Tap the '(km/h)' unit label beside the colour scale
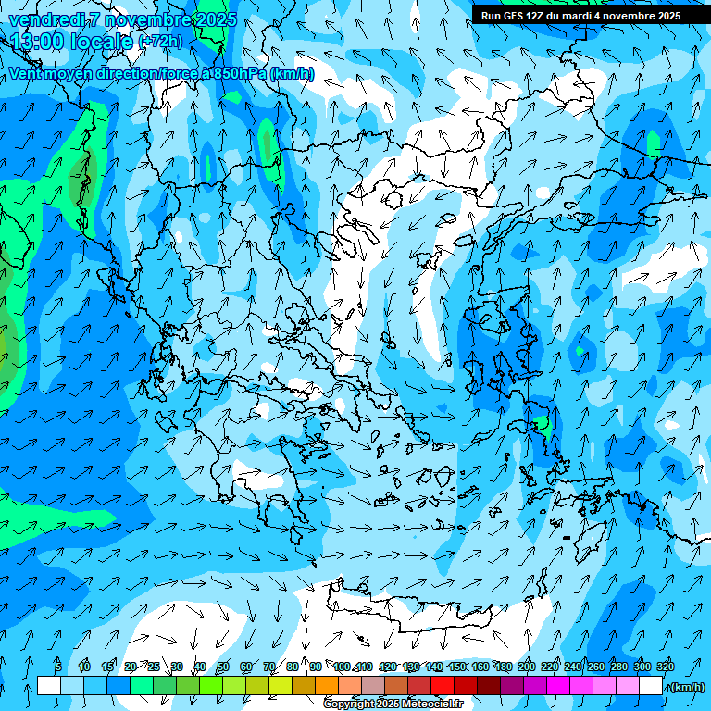[x=686, y=687]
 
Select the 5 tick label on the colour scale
[x=58, y=667]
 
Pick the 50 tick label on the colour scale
[x=223, y=667]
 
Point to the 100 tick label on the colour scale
[x=342, y=667]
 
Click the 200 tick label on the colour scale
[x=527, y=667]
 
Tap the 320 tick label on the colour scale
[x=666, y=667]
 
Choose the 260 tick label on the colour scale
[x=596, y=667]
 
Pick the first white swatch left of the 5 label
[x=49, y=686]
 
